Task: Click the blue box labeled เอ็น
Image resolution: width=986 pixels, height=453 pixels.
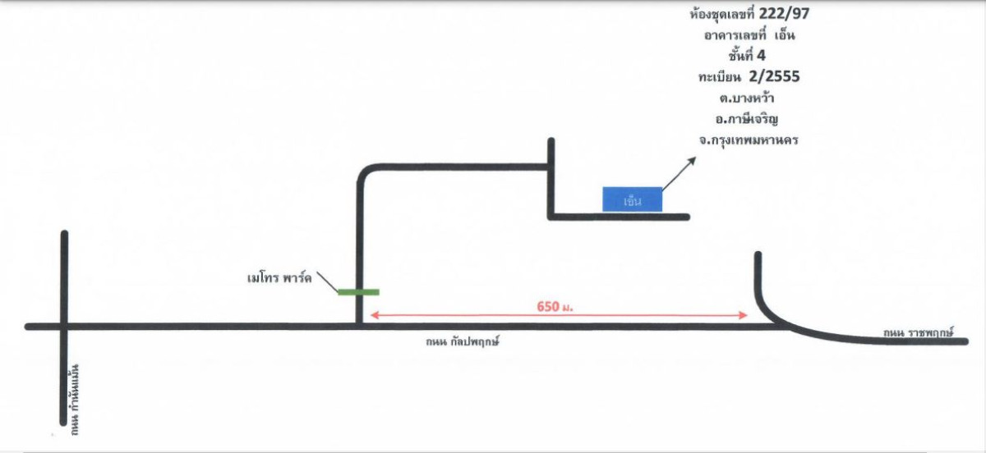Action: tap(633, 199)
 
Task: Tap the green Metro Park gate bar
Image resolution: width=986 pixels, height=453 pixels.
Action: tap(358, 291)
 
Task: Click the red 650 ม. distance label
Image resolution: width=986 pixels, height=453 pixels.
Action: tap(555, 307)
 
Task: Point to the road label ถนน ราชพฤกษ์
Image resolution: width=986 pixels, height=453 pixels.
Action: tap(918, 333)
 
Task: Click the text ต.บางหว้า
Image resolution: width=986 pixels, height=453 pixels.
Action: tap(747, 98)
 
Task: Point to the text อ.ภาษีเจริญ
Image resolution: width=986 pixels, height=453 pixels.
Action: tap(747, 120)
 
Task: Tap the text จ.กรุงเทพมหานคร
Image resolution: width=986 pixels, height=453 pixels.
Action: tap(749, 141)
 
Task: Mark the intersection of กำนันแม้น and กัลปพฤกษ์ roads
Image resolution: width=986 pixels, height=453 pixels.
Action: tap(64, 327)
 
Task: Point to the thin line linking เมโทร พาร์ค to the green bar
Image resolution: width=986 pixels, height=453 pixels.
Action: tap(327, 281)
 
